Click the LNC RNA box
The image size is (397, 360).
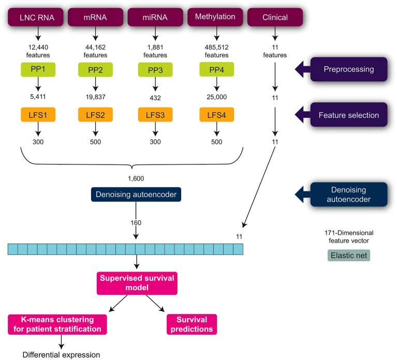pos(38,18)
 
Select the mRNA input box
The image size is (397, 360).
pos(95,18)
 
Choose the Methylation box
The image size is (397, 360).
pos(216,18)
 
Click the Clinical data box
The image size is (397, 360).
pos(275,18)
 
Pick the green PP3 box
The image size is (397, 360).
pos(153,69)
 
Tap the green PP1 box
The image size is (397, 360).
pos(38,69)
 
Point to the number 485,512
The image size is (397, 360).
pos(216,47)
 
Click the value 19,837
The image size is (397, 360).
pos(95,97)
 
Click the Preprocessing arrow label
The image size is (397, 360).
pos(348,69)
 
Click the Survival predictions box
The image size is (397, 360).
pos(192,324)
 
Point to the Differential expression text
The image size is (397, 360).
pos(61,354)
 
